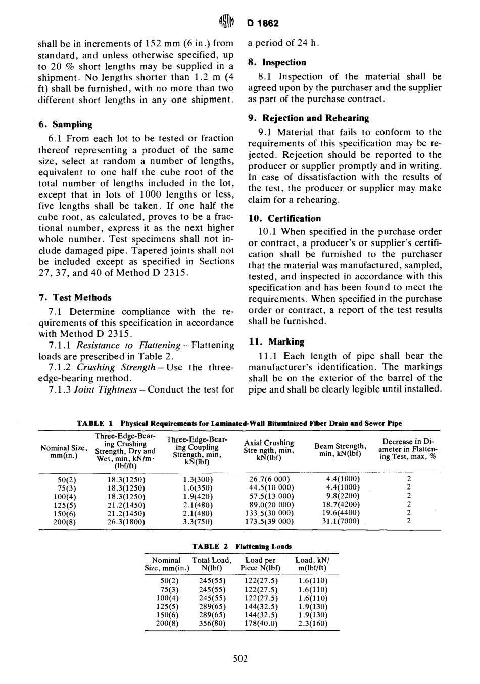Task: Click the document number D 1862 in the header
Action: click(x=263, y=23)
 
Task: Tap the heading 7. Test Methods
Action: click(x=75, y=298)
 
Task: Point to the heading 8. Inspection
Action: click(x=277, y=62)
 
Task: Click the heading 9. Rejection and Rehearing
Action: click(x=308, y=118)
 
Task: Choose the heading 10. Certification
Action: click(x=284, y=219)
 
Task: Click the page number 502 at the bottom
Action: click(x=240, y=658)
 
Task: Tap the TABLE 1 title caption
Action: click(x=239, y=423)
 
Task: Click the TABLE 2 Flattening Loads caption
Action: click(x=242, y=546)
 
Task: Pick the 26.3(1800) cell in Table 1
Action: click(x=127, y=522)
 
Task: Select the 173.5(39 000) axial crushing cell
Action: click(x=272, y=522)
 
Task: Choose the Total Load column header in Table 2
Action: click(x=212, y=564)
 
